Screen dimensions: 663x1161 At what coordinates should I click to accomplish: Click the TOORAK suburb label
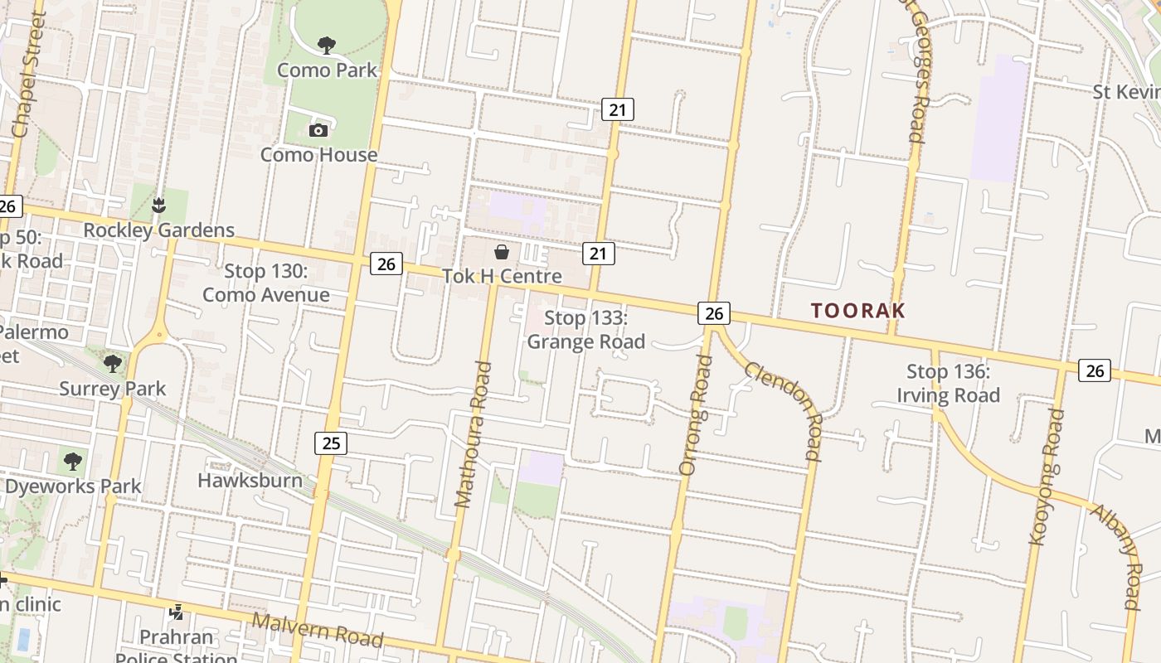click(x=858, y=311)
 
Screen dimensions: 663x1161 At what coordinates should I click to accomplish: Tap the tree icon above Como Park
click(x=327, y=45)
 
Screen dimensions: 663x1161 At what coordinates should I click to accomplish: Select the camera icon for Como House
click(x=318, y=130)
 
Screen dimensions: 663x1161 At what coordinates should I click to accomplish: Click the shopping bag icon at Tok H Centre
click(x=502, y=251)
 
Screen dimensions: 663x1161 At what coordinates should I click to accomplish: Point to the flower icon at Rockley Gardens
click(x=159, y=205)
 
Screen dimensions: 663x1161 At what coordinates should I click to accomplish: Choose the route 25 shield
click(x=331, y=443)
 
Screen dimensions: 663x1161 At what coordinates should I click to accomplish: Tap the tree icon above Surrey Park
click(x=112, y=363)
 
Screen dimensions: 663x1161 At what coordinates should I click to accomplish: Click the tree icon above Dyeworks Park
click(x=73, y=461)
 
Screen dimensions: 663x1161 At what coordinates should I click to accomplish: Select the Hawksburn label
click(x=250, y=480)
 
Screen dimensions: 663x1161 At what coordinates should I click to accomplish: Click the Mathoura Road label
click(x=474, y=434)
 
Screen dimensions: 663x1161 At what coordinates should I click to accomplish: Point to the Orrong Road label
click(x=696, y=414)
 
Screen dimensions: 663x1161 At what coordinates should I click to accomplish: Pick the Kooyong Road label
click(x=1047, y=477)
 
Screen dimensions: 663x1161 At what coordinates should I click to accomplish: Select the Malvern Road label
click(x=317, y=630)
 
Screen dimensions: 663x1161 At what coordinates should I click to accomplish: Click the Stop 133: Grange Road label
click(x=586, y=330)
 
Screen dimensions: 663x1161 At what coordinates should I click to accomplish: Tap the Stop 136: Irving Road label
click(x=948, y=384)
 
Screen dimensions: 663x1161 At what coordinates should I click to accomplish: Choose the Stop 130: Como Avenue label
click(x=265, y=283)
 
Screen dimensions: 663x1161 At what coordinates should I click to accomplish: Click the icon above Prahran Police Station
click(x=176, y=612)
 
